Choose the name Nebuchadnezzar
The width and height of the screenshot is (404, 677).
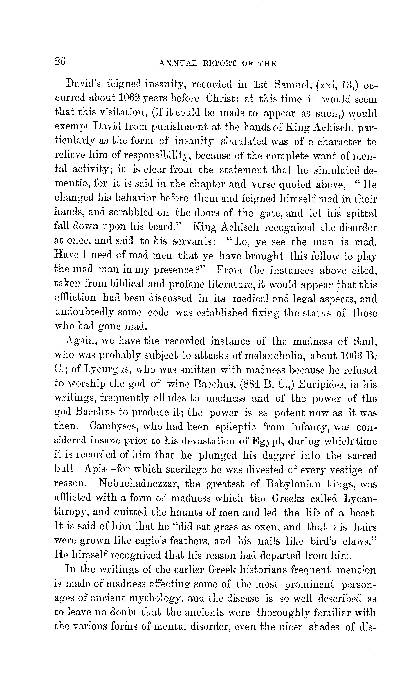coord(138,484)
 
